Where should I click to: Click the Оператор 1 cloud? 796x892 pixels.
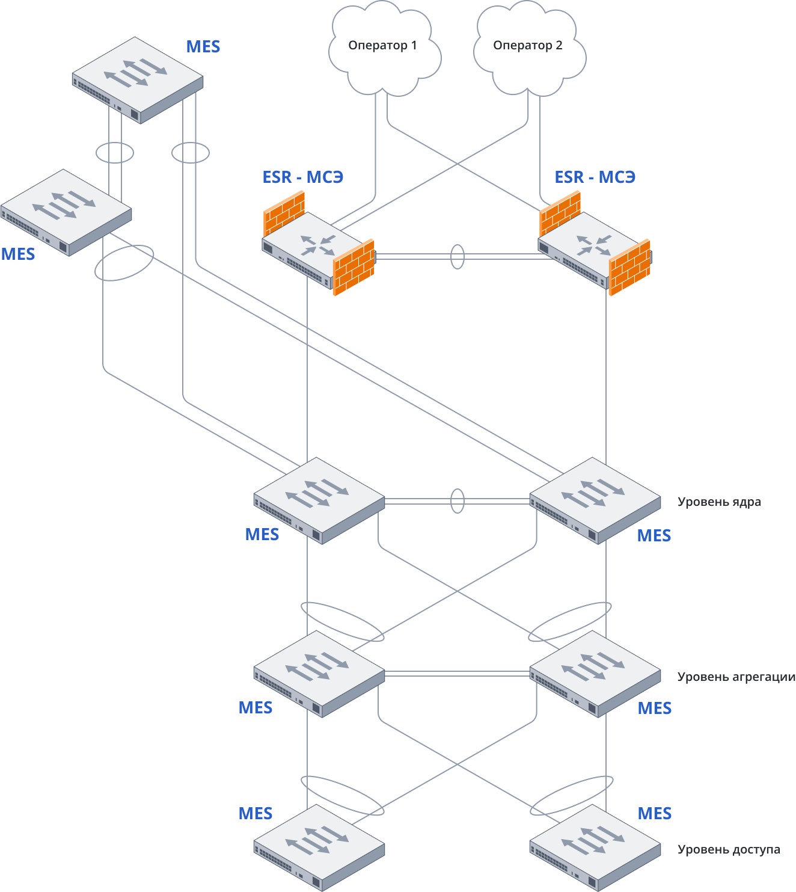point(384,48)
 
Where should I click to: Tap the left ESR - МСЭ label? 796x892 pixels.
point(302,177)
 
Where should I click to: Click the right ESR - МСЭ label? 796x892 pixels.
point(595,177)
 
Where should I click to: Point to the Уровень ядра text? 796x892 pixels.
point(719,502)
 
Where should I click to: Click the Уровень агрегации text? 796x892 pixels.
point(736,677)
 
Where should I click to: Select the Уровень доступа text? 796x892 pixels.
point(729,849)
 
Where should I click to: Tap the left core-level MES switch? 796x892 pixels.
point(319,500)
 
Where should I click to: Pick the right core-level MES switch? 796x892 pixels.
point(595,500)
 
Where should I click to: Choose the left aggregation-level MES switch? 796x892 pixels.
point(319,673)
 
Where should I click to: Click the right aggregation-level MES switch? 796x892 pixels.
point(595,673)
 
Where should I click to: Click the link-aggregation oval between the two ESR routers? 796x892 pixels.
point(458,256)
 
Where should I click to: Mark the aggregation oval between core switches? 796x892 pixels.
point(458,500)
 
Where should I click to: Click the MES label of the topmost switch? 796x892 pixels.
point(203,46)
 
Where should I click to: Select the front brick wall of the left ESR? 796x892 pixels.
point(354,268)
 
